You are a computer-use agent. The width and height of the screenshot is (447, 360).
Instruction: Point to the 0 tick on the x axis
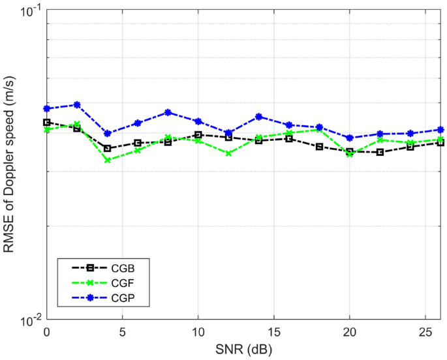click(x=47, y=333)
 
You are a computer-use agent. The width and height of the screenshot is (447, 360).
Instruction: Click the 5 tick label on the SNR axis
click(x=123, y=333)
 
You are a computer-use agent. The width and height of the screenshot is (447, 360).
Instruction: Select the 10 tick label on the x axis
click(x=198, y=333)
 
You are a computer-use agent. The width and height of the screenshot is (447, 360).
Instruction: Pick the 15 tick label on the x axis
click(x=274, y=333)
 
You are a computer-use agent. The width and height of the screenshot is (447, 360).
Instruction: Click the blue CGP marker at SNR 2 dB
click(x=77, y=104)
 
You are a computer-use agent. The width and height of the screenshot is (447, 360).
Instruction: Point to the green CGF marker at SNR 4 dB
click(x=107, y=160)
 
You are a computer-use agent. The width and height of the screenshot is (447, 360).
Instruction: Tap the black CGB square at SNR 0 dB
click(x=47, y=122)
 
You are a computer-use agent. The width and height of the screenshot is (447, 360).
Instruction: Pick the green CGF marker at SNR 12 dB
click(x=228, y=153)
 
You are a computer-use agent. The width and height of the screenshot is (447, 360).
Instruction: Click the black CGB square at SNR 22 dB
click(x=380, y=152)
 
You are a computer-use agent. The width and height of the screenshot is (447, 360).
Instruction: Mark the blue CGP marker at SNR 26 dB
click(x=440, y=129)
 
